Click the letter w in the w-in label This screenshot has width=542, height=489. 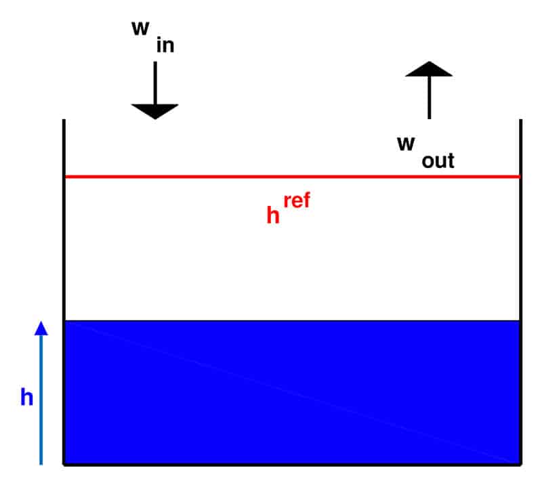pos(140,28)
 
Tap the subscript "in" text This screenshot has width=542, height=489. pos(165,45)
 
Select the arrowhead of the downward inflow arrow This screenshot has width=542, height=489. pos(155,111)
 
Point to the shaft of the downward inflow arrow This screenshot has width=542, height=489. pos(155,83)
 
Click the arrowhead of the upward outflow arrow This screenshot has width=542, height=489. pos(429,69)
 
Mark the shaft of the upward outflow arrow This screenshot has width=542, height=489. pos(430,98)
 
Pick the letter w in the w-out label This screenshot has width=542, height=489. pos(406,144)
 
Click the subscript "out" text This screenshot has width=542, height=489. pos(438,161)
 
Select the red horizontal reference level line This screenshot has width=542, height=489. pos(293,177)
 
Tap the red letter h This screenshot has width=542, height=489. pos(273,215)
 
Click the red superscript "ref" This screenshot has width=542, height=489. pos(297,200)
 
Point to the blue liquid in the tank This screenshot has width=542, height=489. pos(293,392)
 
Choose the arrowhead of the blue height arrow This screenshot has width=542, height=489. pos(41,328)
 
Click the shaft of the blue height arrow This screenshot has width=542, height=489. pos(41,400)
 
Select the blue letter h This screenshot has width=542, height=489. pos(27,397)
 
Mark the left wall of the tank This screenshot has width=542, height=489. pos(64,292)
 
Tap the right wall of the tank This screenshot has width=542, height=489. pos(521,292)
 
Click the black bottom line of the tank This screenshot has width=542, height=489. pos(293,465)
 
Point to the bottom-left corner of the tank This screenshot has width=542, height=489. pos(64,465)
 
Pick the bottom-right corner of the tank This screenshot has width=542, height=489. pos(521,465)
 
